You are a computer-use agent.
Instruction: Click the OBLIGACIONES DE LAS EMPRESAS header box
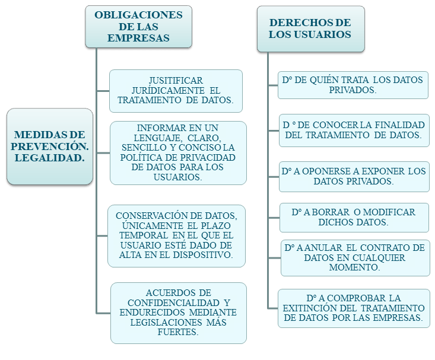pos(138,26)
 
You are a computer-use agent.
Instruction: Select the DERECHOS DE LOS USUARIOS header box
pos(310,28)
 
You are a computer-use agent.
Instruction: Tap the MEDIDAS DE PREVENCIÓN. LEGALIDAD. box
pos(50,146)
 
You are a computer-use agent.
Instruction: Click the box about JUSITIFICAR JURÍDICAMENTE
pos(176,91)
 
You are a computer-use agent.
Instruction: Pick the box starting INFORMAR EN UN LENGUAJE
pos(178,152)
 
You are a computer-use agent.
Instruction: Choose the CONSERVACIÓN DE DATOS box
pos(176,235)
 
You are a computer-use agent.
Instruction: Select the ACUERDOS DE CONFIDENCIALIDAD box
pos(178,313)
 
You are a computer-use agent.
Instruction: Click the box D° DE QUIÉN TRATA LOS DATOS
pos(353,85)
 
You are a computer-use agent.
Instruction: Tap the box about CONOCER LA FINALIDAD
pos(354,130)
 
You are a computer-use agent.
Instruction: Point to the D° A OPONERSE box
pos(354,176)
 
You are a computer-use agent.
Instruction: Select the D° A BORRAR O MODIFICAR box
pos(354,217)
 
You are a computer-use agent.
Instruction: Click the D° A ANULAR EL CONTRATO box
pos(355,257)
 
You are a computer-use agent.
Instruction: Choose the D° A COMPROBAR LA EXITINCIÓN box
pos(354,308)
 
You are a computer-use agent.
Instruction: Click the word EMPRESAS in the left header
pos(138,38)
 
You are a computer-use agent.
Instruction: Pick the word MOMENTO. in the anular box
pos(354,267)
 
